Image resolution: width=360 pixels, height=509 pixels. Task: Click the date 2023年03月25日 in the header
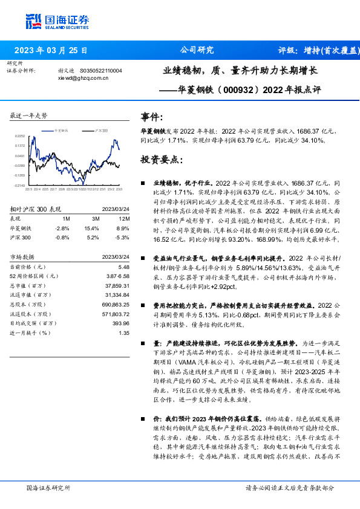pyautogui.click(x=51, y=50)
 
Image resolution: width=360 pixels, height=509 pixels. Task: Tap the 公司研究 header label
pyautogui.click(x=197, y=50)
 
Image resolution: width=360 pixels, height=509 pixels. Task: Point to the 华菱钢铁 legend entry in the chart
pyautogui.click(x=62, y=130)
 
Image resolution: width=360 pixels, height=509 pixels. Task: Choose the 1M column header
pyautogui.click(x=66, y=218)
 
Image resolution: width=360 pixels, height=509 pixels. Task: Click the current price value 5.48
pyautogui.click(x=124, y=266)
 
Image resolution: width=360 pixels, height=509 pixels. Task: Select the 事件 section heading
pyautogui.click(x=151, y=117)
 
